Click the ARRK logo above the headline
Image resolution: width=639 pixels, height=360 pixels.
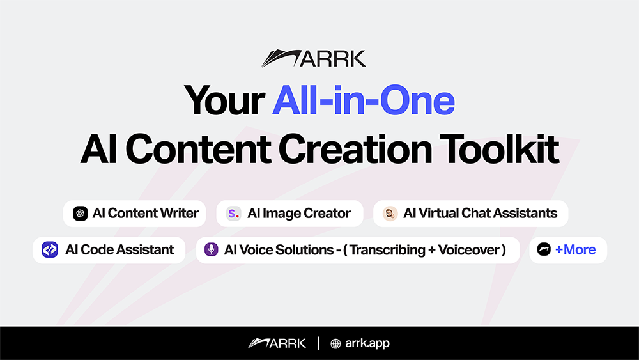(x=313, y=58)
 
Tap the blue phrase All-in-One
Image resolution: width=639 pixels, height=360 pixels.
(x=363, y=100)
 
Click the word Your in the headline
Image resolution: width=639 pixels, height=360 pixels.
(x=224, y=100)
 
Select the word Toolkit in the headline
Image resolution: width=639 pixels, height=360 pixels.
(x=499, y=149)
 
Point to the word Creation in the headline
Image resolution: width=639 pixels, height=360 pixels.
(x=355, y=149)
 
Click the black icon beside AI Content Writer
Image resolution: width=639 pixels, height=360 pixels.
(x=81, y=214)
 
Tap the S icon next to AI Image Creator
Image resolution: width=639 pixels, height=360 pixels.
(x=233, y=214)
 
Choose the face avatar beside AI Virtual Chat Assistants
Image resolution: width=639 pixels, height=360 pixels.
(x=390, y=214)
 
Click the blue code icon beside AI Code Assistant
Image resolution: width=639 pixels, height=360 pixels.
(x=50, y=249)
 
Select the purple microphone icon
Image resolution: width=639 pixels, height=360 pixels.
(x=211, y=249)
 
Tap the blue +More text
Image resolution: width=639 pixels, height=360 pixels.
(x=576, y=249)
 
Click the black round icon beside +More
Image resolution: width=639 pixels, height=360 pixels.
(x=544, y=249)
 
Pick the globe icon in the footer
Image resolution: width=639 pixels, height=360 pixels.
(x=335, y=343)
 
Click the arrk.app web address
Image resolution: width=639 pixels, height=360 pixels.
(x=367, y=343)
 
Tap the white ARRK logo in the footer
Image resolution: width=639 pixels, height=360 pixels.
(x=277, y=343)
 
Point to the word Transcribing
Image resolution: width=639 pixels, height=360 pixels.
(x=387, y=249)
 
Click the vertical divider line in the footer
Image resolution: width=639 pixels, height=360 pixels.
(x=318, y=343)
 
